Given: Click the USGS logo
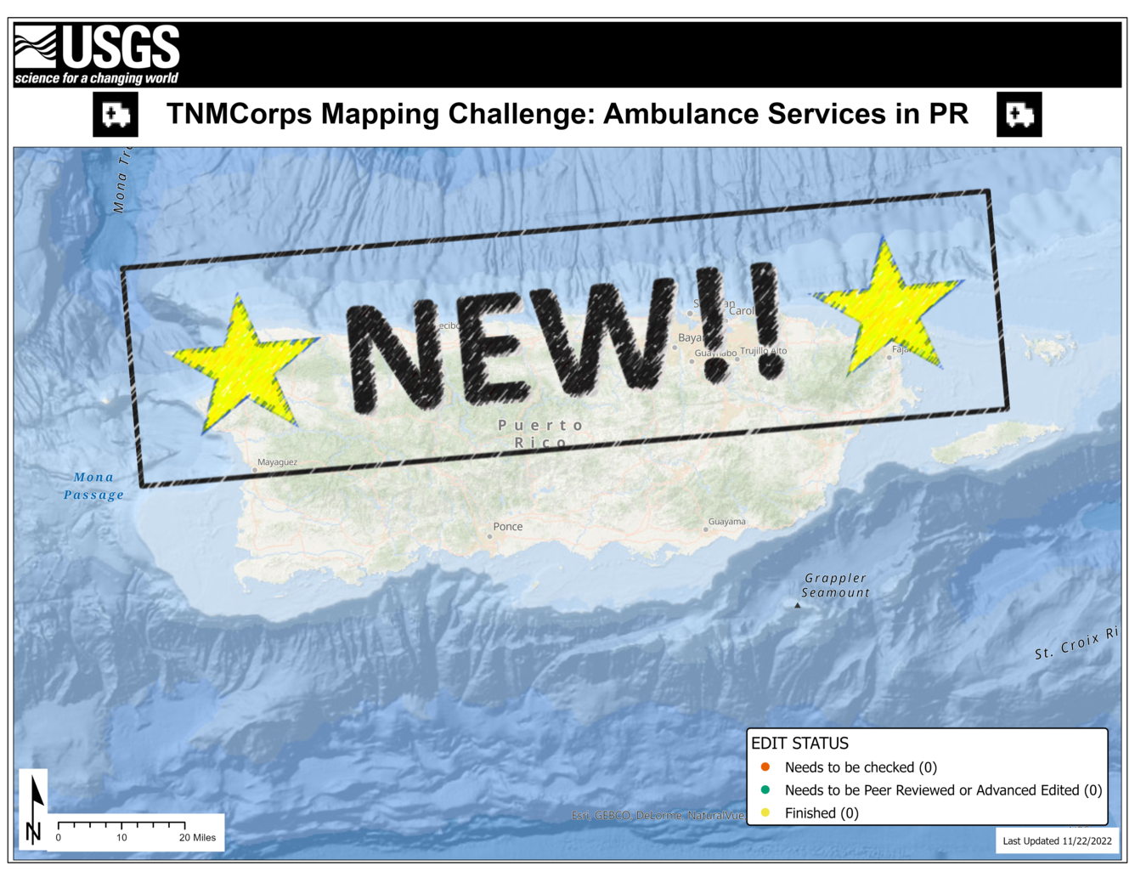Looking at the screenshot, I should click(97, 54).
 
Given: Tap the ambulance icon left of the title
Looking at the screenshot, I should click(116, 115).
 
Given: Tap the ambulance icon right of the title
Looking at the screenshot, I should click(1019, 115).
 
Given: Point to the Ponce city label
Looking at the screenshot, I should click(507, 527).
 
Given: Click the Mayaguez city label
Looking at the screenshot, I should click(277, 462).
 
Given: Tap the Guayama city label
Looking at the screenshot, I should click(726, 522).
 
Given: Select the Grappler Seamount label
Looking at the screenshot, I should click(835, 586).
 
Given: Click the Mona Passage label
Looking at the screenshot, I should click(93, 486).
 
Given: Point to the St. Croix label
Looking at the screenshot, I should click(1076, 644).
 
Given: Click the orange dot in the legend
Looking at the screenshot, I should click(765, 767).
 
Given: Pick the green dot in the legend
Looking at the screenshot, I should click(765, 790).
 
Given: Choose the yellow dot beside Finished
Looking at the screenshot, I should click(765, 813).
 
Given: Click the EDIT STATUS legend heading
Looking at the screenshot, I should click(799, 744).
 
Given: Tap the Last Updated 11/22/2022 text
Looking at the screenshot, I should click(1057, 841).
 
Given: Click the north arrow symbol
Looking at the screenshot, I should click(35, 807).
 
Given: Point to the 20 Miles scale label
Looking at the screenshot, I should click(197, 838).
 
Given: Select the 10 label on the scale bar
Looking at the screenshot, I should click(121, 838).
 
